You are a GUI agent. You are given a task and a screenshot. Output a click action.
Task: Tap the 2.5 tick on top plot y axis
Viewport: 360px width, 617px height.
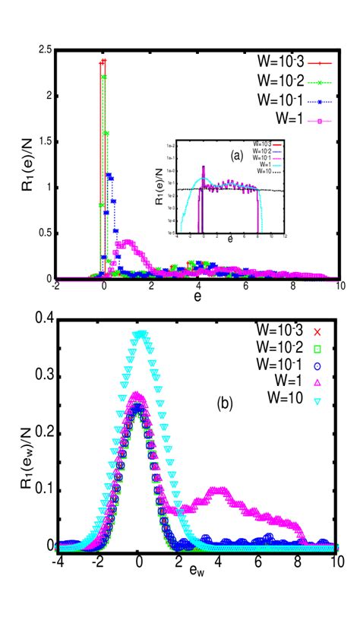coord(46,50)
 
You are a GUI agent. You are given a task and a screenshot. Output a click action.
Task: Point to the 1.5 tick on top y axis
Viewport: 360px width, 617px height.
coord(46,142)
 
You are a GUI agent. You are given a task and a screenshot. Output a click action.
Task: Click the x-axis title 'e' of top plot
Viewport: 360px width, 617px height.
coord(197,299)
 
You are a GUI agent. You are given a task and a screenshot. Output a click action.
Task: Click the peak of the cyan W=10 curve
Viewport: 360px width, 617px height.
coord(140,333)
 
